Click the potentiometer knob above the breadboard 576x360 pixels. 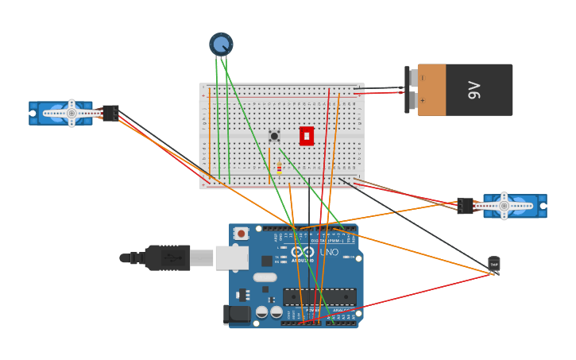tap(221, 44)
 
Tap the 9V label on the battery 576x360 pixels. tap(474, 90)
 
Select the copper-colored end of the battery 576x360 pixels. tap(431, 90)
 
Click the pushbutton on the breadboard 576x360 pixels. tap(274, 136)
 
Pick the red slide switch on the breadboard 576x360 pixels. tap(307, 136)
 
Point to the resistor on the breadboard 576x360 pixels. tap(279, 167)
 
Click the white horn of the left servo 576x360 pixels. tap(71, 114)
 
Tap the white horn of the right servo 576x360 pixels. tap(504, 206)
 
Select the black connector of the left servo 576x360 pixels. tap(111, 114)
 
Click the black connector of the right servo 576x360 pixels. tap(465, 206)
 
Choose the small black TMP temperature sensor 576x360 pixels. tap(494, 264)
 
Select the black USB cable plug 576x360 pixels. tap(168, 257)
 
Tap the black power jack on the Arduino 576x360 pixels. tap(238, 315)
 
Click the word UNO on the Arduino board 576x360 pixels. tap(330, 253)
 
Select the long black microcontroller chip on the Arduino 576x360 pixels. tap(319, 296)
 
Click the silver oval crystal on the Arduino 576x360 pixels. tap(265, 278)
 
